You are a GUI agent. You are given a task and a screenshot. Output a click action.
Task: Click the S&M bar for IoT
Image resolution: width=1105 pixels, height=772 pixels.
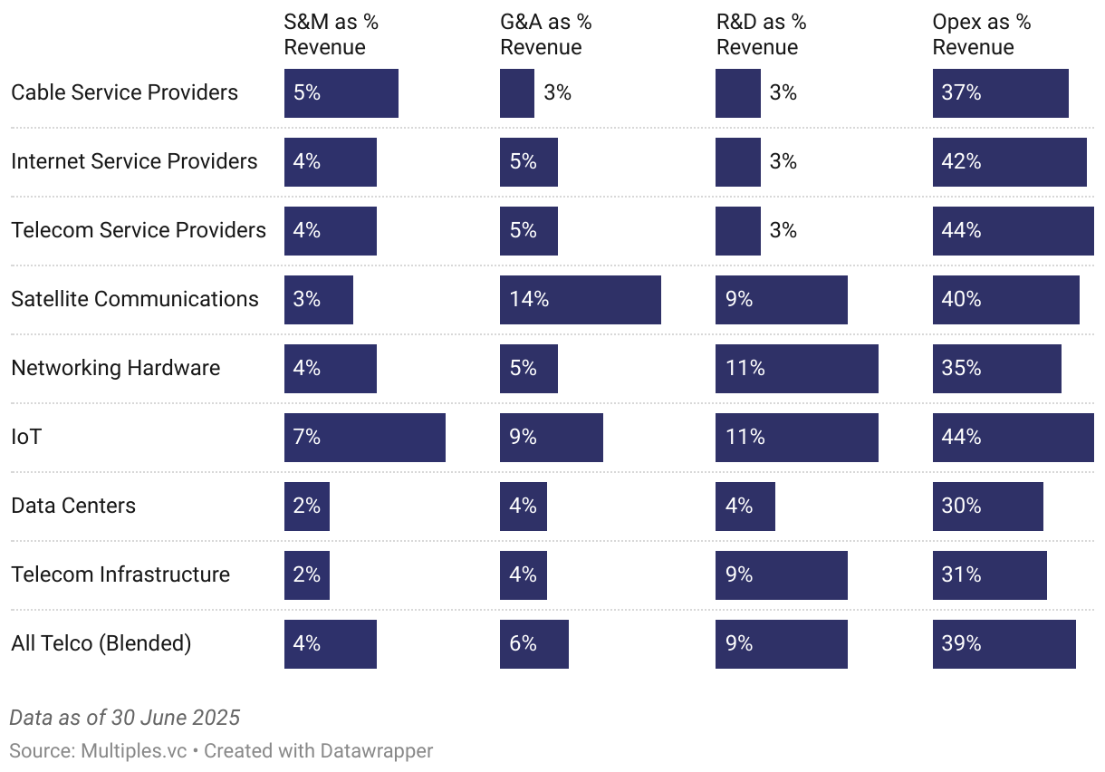[x=364, y=438]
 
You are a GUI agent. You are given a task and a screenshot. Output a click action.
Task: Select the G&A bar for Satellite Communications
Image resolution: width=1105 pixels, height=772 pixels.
[x=580, y=300]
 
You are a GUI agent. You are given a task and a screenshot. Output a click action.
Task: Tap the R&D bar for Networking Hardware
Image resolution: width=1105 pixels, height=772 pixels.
[x=796, y=369]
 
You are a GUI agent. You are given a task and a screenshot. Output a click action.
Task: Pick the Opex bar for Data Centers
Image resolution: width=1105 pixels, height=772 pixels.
[x=987, y=507]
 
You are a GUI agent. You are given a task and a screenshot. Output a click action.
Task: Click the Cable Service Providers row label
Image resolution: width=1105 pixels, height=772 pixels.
[x=124, y=92]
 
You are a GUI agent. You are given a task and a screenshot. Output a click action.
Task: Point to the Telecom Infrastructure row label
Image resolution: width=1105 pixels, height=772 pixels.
[x=120, y=574]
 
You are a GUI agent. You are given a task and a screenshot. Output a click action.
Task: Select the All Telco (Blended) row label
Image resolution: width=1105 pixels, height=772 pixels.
[x=101, y=643]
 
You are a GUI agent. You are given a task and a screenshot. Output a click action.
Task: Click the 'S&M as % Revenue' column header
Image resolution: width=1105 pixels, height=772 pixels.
[x=331, y=34]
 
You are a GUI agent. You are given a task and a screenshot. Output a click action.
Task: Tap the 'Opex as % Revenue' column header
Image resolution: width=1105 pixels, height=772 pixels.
[x=981, y=34]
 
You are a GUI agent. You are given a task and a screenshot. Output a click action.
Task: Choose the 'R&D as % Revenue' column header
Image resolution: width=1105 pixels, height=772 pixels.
[x=761, y=34]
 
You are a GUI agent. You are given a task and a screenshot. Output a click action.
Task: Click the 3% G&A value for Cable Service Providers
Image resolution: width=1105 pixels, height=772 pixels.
[x=557, y=92]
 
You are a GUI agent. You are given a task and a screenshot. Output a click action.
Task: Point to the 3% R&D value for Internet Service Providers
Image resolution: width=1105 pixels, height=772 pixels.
[x=783, y=161]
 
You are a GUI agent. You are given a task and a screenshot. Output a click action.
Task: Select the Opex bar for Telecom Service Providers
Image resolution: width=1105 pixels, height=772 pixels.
[x=1013, y=231]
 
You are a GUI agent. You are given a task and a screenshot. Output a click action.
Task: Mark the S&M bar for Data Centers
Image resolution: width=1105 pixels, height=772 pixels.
[x=306, y=507]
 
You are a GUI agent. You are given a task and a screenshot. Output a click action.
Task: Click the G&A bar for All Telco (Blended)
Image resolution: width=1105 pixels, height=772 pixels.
[x=533, y=644]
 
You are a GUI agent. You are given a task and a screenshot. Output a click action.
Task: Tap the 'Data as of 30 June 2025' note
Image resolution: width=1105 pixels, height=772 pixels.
[x=124, y=718]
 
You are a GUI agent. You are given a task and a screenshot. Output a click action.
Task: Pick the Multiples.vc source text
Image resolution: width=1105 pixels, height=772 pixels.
[x=135, y=751]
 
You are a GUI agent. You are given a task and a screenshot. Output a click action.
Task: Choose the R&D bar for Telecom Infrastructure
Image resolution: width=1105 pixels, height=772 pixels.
[x=781, y=575]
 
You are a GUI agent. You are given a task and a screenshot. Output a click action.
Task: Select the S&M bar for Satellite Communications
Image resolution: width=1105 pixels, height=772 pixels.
[x=318, y=300]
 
